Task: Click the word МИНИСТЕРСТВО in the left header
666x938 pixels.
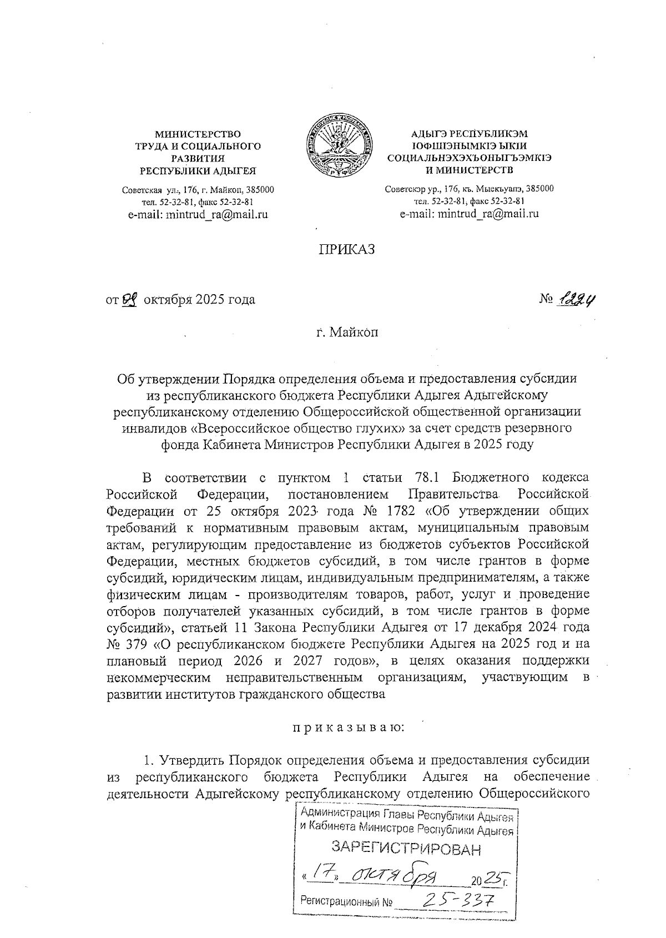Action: click(198, 134)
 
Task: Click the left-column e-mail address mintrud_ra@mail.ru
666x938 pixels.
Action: click(198, 214)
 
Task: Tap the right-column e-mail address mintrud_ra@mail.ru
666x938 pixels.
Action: click(470, 214)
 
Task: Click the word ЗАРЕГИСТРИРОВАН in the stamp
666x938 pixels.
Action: click(406, 848)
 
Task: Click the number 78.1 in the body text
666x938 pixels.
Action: click(429, 478)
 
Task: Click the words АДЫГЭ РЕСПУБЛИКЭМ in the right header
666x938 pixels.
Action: click(470, 134)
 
